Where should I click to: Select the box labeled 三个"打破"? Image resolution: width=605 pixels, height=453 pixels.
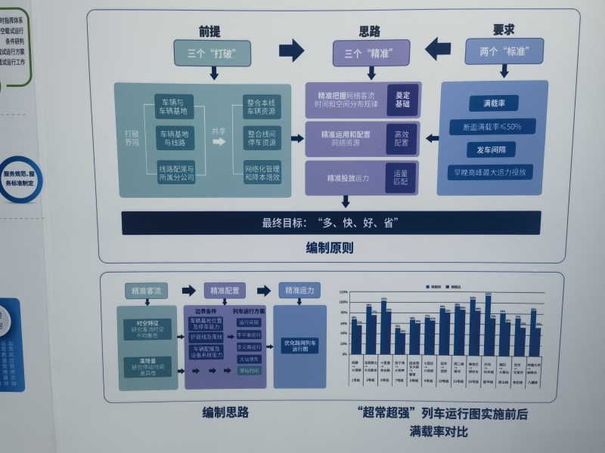[x=213, y=54]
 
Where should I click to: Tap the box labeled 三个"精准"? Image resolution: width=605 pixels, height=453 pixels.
[x=371, y=54]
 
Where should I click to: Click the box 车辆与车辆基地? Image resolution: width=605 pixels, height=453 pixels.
[x=175, y=106]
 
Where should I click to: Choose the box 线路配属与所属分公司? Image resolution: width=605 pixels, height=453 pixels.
[x=176, y=173]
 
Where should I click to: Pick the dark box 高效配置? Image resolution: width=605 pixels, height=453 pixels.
[x=401, y=138]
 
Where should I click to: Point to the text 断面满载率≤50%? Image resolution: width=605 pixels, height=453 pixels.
[x=492, y=126]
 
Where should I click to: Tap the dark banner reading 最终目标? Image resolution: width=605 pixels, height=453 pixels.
[x=330, y=223]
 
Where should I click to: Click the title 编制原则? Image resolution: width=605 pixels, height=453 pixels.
[x=329, y=247]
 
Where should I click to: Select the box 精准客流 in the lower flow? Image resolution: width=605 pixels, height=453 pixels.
[x=147, y=291]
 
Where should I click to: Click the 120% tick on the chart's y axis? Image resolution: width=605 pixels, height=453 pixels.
[x=343, y=292]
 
